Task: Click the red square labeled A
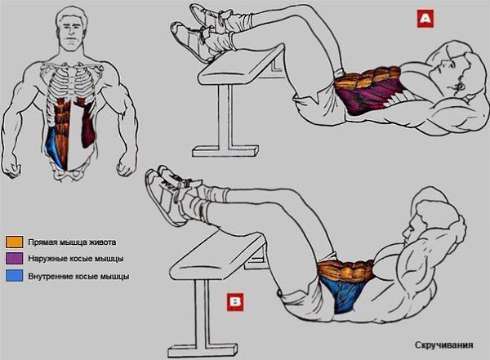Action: click(425, 19)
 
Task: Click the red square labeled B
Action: click(235, 302)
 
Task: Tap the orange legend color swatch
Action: click(14, 242)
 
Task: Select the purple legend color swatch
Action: click(14, 259)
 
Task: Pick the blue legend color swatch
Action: click(14, 276)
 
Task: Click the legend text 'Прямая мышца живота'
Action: click(72, 242)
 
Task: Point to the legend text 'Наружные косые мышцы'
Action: click(76, 259)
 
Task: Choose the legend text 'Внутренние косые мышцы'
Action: click(78, 276)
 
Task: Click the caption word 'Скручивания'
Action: click(443, 345)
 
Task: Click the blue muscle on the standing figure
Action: click(56, 147)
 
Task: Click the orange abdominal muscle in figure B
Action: click(345, 270)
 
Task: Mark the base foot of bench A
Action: click(225, 151)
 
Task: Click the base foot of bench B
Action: click(203, 350)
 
